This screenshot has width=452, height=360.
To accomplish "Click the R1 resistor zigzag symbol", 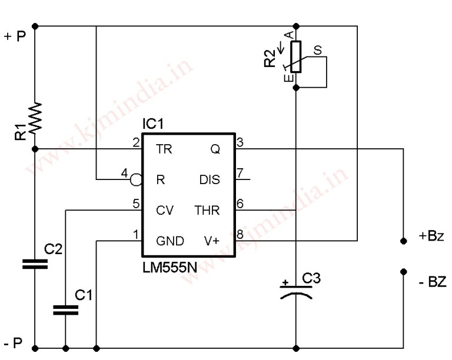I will [x=35, y=118].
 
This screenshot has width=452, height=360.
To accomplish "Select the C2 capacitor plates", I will [x=35, y=263].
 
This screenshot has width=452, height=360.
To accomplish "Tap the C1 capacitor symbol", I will [x=65, y=309].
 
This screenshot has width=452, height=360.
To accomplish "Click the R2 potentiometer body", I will [x=296, y=56].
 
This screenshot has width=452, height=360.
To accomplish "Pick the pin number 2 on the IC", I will [x=136, y=142].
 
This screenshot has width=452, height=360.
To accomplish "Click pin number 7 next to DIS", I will [x=240, y=173].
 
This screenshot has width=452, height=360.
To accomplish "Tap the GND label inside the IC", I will [x=170, y=241].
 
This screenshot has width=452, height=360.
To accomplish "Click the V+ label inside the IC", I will [x=212, y=241].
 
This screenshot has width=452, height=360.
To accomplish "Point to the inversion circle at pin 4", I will [x=136, y=179].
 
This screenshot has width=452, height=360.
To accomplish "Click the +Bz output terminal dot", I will [x=403, y=241].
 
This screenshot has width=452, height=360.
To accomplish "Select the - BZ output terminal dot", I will [x=403, y=272].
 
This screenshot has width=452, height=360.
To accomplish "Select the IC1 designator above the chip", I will [x=154, y=125].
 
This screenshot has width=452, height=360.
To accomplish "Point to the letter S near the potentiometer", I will [x=317, y=51].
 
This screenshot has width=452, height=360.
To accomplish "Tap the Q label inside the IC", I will [x=215, y=149].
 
